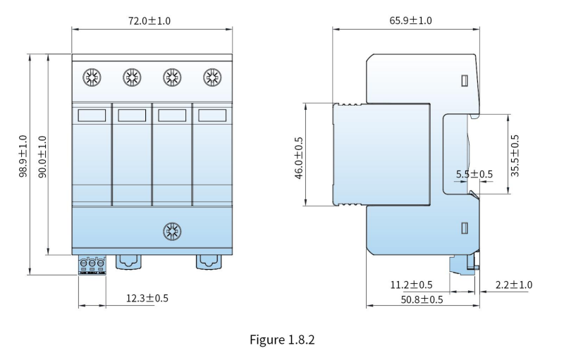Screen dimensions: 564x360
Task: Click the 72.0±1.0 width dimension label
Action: click(x=149, y=21)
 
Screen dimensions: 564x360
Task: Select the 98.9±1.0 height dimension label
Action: click(x=23, y=156)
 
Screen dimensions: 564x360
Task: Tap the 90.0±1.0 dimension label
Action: click(x=42, y=156)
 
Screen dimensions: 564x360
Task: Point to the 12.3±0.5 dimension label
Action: click(x=147, y=298)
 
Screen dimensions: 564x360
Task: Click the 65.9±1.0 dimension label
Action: click(x=410, y=20)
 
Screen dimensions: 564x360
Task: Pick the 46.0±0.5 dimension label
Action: click(x=299, y=158)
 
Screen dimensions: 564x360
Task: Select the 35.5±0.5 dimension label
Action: click(x=515, y=156)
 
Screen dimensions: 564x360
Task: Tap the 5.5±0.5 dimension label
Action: click(x=474, y=174)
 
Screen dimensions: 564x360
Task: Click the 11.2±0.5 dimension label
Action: click(x=412, y=285)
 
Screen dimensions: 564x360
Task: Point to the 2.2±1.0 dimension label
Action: click(x=514, y=285)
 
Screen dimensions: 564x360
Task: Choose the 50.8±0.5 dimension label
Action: click(x=422, y=299)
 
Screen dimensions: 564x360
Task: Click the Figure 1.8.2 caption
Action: click(x=283, y=340)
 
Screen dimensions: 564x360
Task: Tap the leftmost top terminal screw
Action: click(x=92, y=77)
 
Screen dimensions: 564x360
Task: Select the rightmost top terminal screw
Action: click(x=212, y=77)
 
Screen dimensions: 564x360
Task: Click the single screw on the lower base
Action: click(x=172, y=232)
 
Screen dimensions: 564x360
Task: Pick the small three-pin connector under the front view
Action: click(x=92, y=266)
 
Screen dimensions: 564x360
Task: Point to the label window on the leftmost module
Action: click(x=92, y=116)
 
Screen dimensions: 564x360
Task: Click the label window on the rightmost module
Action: click(x=212, y=116)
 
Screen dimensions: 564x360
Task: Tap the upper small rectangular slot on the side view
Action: click(x=465, y=81)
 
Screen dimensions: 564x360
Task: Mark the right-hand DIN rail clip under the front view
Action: click(x=209, y=262)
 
